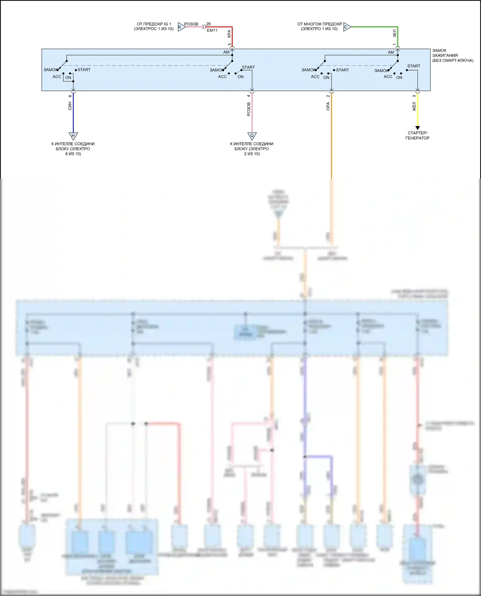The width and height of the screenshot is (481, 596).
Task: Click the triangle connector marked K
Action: pos(181,27)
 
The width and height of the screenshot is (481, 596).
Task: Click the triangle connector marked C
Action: pos(347,27)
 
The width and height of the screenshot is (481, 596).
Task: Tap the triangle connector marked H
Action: pos(73,136)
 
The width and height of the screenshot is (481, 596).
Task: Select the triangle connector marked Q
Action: pos(252,136)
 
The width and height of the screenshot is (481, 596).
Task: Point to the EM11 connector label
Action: pos(212,30)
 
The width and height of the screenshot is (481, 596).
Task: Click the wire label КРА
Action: pos(229,34)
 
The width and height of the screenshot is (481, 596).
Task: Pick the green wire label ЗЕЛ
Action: pos(395,33)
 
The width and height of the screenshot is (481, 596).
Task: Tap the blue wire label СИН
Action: pos(70,106)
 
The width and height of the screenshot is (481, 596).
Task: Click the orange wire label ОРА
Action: pos(328,106)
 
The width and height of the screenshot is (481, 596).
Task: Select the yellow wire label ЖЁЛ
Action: pos(414,107)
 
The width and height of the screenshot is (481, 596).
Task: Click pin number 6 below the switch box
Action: pos(70,96)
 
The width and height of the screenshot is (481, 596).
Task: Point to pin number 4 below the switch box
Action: pos(249,96)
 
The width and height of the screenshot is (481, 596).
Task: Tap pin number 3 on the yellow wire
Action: pos(414,96)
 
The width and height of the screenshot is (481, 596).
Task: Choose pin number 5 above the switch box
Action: pos(229,45)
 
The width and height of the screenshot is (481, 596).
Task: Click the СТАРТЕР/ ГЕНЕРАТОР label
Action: pos(417,135)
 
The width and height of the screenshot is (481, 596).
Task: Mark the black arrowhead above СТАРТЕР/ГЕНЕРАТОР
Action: pos(418,128)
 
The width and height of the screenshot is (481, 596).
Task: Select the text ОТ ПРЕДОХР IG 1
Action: pos(154,24)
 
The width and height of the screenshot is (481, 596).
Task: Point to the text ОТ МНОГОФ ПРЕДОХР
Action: pos(319,24)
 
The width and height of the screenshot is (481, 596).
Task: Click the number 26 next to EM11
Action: pos(208,24)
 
